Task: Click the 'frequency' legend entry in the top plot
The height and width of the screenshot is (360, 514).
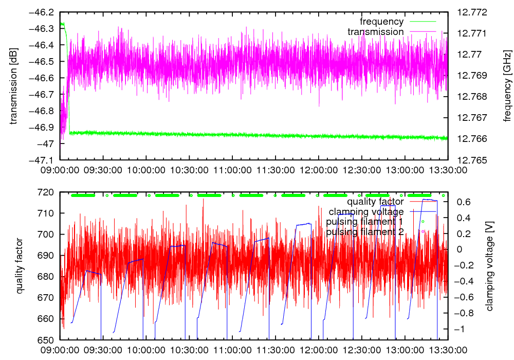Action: point(382,22)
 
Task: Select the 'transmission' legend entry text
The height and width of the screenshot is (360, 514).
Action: point(376,32)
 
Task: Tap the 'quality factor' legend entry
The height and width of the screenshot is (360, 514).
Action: point(375,202)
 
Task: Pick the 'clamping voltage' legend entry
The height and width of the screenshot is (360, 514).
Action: point(366,211)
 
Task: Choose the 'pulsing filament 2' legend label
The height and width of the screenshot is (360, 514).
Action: point(365,232)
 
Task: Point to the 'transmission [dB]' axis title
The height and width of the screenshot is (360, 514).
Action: point(14,86)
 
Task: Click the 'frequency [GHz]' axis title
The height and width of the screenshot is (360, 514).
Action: point(507,86)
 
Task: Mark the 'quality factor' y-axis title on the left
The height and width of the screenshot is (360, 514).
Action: point(20,266)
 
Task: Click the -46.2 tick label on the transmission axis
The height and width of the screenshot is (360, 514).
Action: point(43,12)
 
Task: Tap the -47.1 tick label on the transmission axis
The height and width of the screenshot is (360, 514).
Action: point(43,160)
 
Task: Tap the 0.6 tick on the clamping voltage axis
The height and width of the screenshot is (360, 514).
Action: point(465,202)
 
